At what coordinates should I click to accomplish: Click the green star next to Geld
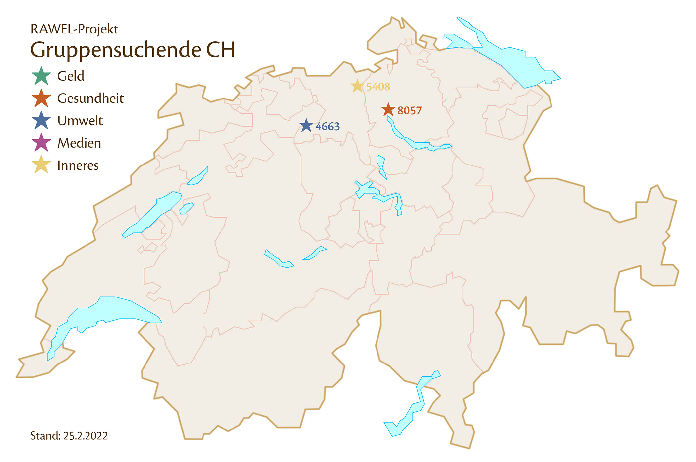(x=41, y=76)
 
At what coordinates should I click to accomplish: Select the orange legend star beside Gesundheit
(x=41, y=98)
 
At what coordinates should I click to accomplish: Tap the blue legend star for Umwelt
(x=41, y=120)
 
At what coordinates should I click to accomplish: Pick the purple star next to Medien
(x=41, y=143)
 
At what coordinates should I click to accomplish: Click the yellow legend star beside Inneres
(x=41, y=165)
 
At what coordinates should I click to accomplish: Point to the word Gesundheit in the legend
(x=90, y=99)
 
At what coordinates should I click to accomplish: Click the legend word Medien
(x=79, y=143)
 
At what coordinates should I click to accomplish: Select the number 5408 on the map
(x=378, y=87)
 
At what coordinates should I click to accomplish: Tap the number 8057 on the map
(x=410, y=111)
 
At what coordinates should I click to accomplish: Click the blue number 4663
(x=328, y=127)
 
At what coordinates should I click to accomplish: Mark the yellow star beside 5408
(x=357, y=86)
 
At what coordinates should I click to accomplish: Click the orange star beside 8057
(x=388, y=110)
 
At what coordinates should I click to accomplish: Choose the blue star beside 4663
(x=306, y=126)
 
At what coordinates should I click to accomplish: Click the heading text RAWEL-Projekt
(x=74, y=29)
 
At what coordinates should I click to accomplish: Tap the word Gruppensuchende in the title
(x=116, y=50)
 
